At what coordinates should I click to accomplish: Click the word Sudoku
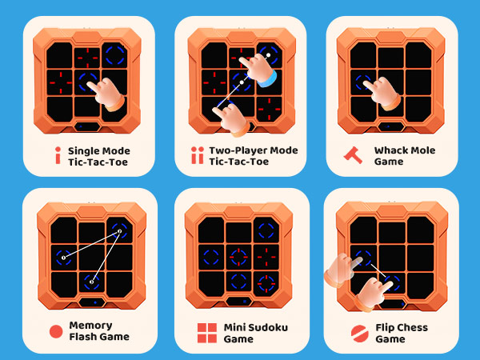coord(268,328)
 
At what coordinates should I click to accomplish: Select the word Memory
coord(91,326)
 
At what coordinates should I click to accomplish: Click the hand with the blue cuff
coord(259,74)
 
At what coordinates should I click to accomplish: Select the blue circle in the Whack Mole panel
coord(366,82)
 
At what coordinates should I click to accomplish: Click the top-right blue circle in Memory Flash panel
coord(119,231)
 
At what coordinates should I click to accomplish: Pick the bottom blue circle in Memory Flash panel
coord(91,282)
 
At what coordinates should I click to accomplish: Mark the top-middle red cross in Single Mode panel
coord(88,55)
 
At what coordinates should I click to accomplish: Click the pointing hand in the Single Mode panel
coord(110,94)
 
